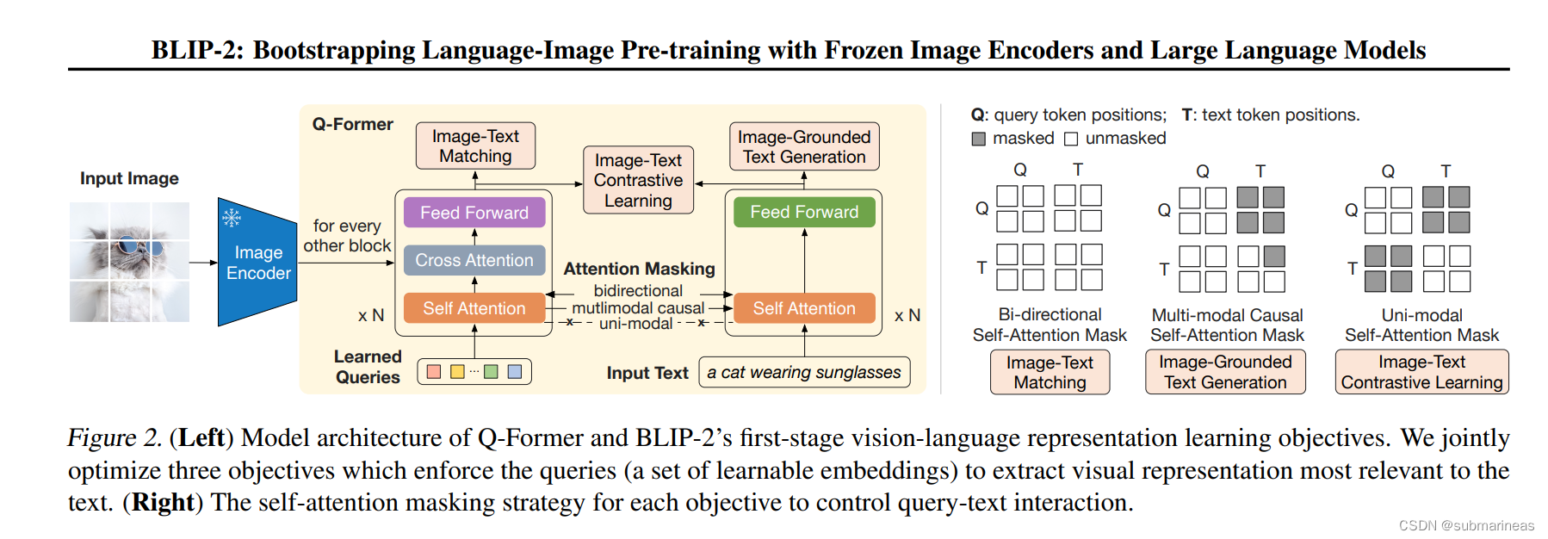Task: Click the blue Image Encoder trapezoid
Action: (x=257, y=263)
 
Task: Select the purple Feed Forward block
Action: (x=474, y=213)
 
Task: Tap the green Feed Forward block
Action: (x=803, y=212)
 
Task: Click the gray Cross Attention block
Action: (x=474, y=260)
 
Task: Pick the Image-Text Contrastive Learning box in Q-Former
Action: (x=638, y=180)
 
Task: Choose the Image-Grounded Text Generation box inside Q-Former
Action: (x=803, y=146)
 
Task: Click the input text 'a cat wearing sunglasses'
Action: (x=803, y=372)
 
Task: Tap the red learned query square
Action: (x=434, y=371)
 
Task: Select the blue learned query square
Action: (x=515, y=371)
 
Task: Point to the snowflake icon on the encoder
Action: (x=232, y=217)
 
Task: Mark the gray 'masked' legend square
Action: (x=979, y=139)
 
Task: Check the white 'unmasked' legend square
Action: (x=1071, y=139)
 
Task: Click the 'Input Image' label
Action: (x=129, y=178)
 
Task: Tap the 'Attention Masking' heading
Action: (x=639, y=269)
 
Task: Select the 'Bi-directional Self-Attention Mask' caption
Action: (x=1050, y=325)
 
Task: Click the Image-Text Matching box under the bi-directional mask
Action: (x=1050, y=372)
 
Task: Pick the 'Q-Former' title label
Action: (x=352, y=124)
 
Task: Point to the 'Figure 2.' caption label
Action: (x=115, y=437)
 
